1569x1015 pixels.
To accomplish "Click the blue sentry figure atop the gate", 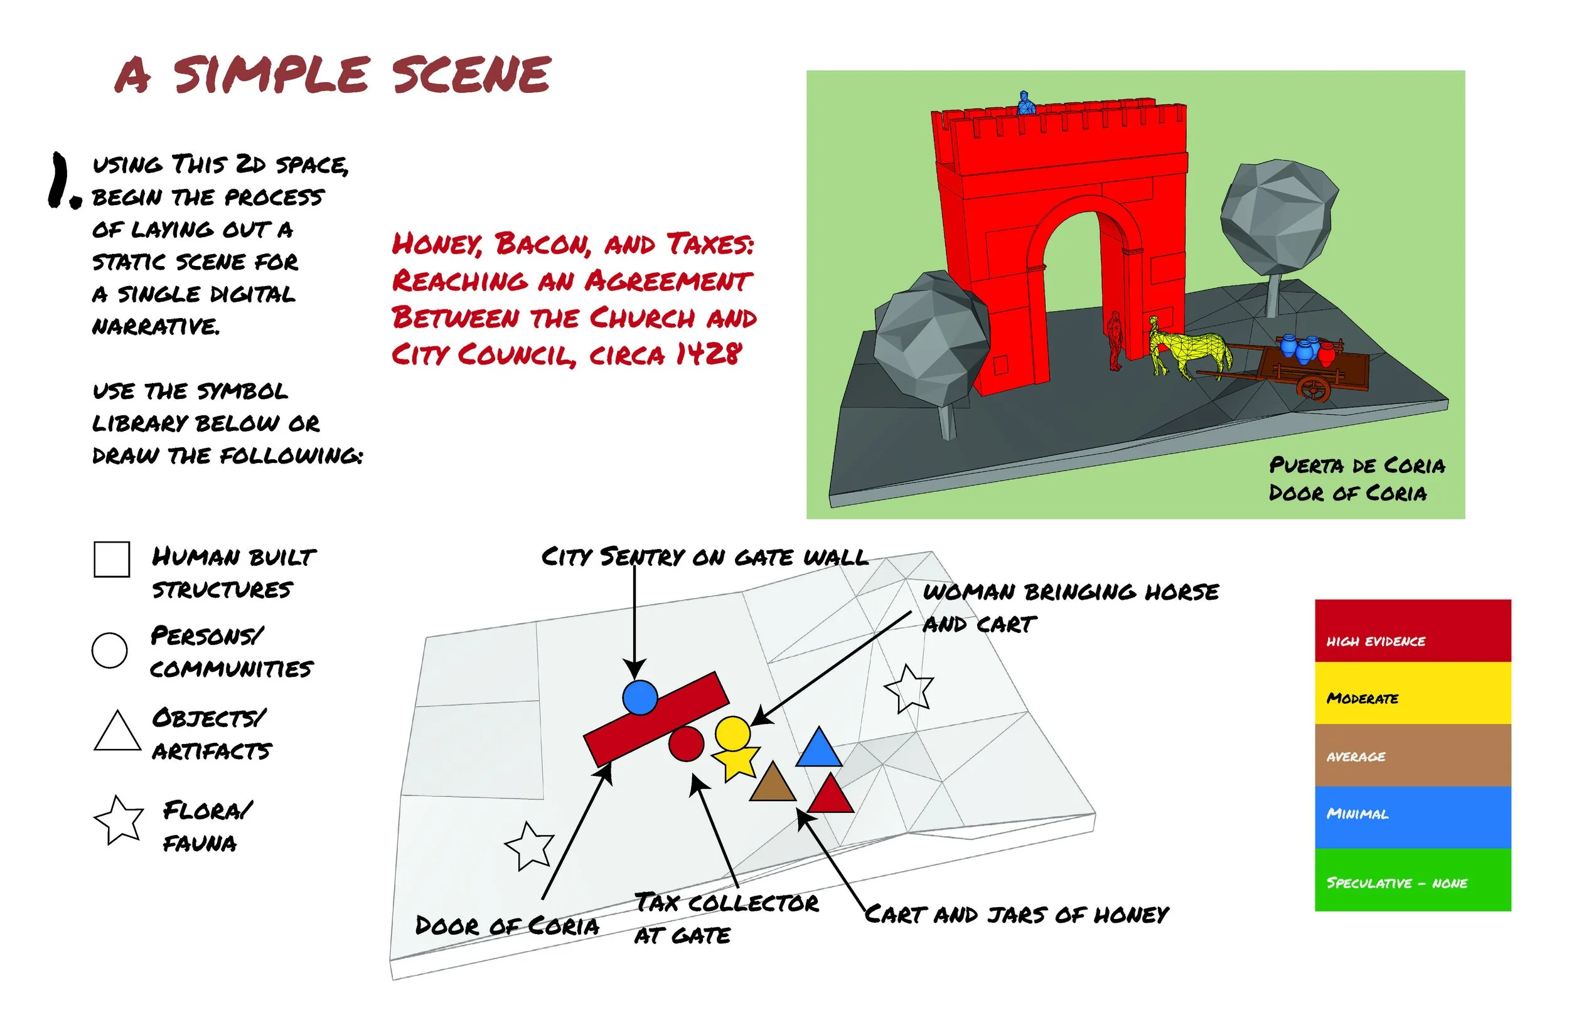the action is [1025, 104].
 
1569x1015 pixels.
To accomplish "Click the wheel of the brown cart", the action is [1313, 388].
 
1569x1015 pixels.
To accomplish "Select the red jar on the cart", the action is [1326, 354].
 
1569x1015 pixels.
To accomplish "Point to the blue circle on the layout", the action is [640, 698].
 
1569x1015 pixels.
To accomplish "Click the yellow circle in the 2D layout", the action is [732, 732].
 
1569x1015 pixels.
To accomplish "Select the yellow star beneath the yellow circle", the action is [736, 764].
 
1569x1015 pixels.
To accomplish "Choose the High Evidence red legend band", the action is [1412, 630].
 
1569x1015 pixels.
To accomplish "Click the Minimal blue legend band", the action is [1412, 817].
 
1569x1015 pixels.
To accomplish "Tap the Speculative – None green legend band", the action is [1412, 879].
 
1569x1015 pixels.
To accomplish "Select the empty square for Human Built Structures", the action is [112, 560].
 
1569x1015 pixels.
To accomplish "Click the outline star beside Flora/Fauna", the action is [119, 820].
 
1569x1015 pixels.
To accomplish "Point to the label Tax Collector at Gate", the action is [725, 918].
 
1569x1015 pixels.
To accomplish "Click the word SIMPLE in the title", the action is [271, 75].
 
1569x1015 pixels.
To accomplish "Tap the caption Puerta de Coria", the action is [1357, 465].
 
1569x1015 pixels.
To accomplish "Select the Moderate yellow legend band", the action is [1412, 693].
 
